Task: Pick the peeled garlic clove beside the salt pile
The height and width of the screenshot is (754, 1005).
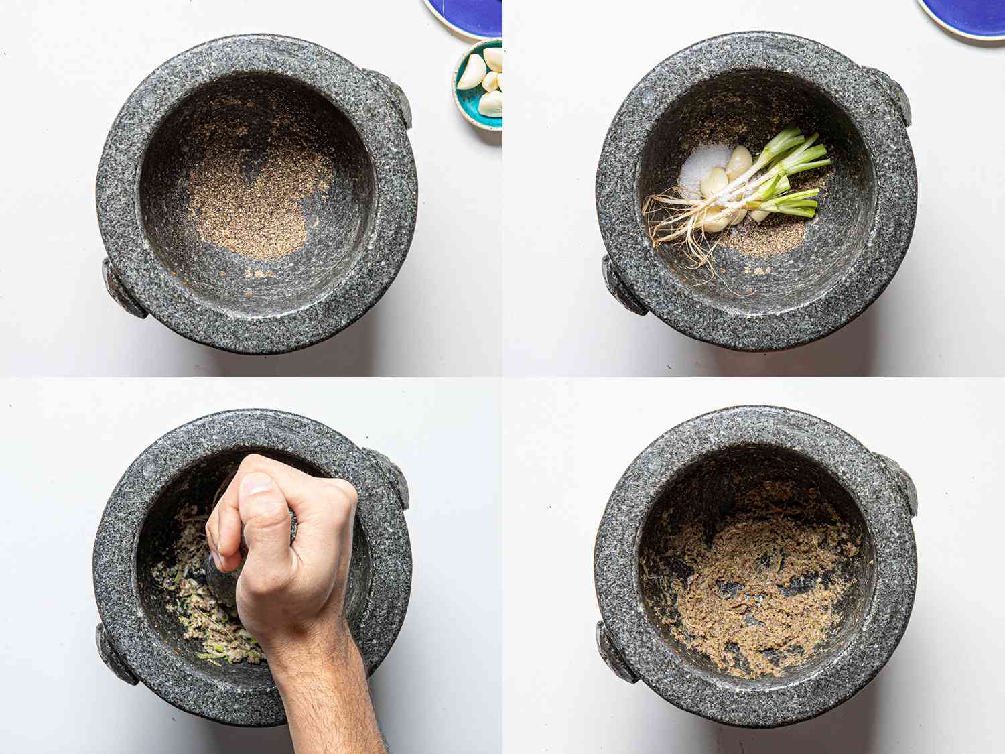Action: coord(739,162)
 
